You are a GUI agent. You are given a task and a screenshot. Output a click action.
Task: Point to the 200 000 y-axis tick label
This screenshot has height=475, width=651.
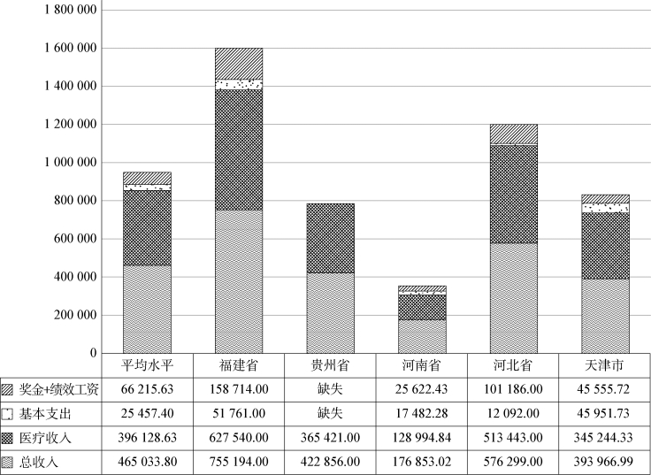70,315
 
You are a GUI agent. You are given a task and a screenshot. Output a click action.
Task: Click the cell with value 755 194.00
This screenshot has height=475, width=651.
239,462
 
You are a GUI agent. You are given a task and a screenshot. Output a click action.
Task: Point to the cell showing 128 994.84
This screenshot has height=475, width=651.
422,438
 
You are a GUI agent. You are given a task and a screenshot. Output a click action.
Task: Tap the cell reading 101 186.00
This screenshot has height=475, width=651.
513,389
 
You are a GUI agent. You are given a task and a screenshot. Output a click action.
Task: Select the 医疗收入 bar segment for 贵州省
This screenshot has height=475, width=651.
331,238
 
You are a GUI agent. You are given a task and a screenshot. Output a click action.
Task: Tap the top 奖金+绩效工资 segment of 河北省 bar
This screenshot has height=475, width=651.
513,134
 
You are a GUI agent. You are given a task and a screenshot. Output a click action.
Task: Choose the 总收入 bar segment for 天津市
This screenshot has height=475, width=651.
605,316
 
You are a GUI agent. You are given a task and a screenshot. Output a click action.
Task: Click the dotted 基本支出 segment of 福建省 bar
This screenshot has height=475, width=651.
239,85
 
